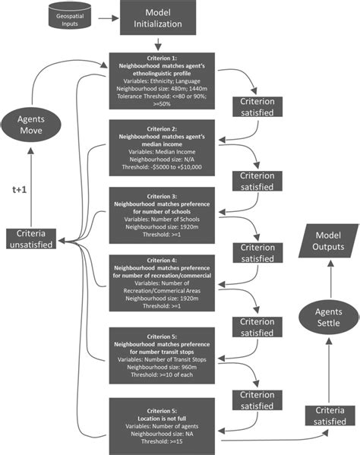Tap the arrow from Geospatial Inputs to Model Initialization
click(103, 17)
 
